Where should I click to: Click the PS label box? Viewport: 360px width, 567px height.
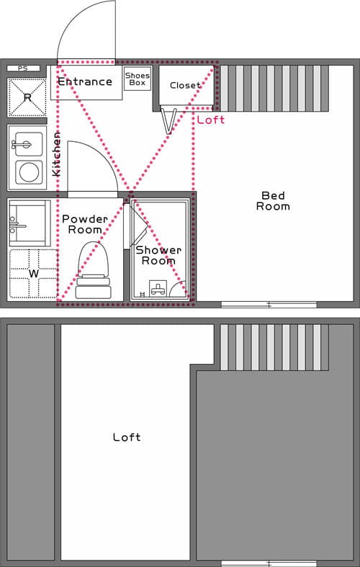(x=23, y=68)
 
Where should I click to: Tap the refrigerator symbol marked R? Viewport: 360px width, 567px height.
(x=27, y=97)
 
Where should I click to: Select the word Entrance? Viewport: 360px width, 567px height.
(x=85, y=82)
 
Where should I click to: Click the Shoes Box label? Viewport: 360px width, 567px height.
(x=137, y=79)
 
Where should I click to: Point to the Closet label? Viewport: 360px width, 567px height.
(x=185, y=86)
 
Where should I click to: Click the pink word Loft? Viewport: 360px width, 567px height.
(x=210, y=120)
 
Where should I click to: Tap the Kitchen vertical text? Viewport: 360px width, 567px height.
(x=57, y=154)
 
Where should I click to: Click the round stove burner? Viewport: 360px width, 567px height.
(x=30, y=172)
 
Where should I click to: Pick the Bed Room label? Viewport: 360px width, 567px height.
(x=273, y=201)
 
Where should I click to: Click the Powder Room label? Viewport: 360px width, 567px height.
(x=84, y=224)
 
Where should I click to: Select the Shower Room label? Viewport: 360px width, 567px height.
(x=158, y=255)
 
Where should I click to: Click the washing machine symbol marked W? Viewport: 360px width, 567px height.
(x=32, y=274)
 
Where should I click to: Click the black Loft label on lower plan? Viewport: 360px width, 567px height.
(x=127, y=437)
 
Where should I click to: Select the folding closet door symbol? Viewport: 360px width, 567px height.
(x=169, y=120)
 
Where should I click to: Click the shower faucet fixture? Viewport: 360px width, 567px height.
(x=158, y=290)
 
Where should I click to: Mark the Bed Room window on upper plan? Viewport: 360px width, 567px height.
(x=268, y=305)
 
